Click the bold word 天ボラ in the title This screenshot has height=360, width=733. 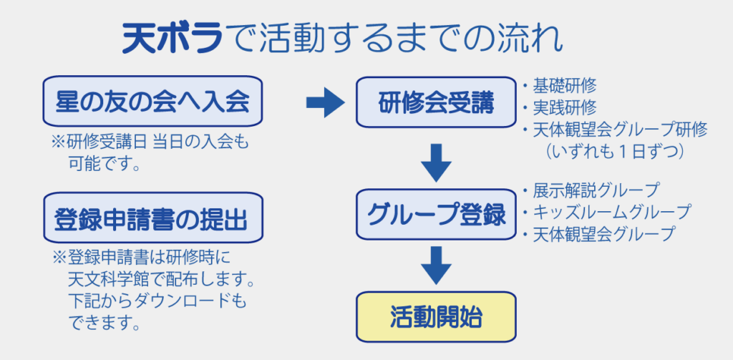[171, 39]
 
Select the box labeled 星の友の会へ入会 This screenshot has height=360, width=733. [152, 101]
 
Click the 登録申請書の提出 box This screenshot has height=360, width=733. [153, 218]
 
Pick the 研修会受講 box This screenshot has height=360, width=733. [436, 102]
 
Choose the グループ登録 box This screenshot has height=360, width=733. [436, 214]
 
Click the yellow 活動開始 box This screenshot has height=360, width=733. [436, 317]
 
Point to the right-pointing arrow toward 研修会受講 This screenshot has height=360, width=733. [326, 102]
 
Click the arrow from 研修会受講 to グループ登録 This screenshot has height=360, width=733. [436, 162]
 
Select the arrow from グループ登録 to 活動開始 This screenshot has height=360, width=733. [436, 266]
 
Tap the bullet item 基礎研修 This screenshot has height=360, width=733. [559, 87]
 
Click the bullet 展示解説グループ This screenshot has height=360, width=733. [591, 191]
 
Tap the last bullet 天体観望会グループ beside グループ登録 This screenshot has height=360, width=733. [599, 234]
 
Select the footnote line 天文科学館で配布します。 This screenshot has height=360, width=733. [160, 281]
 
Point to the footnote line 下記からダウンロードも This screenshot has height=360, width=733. [157, 302]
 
